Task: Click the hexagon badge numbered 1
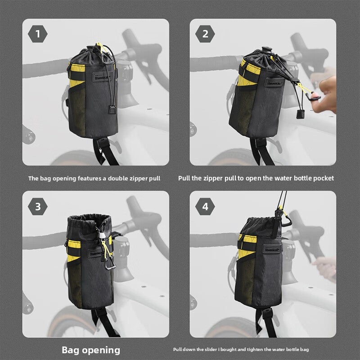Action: coord(38,34)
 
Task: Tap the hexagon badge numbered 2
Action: coord(205,34)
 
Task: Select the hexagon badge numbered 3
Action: coord(38,207)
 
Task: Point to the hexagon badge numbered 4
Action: coord(205,207)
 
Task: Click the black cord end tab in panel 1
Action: coord(111,109)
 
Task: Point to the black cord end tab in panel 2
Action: coord(301,114)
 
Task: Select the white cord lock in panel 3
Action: coord(101,235)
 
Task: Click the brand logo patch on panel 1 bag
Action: coord(102,76)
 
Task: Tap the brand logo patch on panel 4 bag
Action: coord(272,249)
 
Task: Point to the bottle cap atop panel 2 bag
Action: coord(267,50)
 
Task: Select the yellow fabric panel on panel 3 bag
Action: coord(74,251)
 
